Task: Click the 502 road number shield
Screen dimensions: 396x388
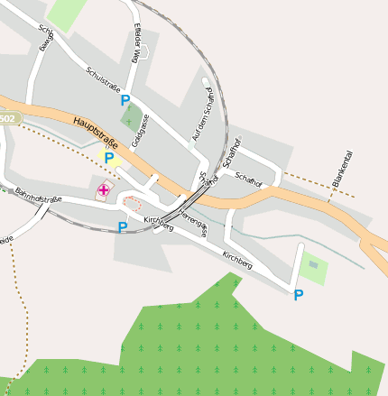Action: [x=7, y=119]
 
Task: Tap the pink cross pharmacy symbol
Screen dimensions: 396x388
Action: [x=105, y=189]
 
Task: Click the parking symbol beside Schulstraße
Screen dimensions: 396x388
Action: [x=125, y=101]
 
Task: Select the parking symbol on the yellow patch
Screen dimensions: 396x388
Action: [x=109, y=159]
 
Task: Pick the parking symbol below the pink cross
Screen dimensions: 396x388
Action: [x=123, y=226]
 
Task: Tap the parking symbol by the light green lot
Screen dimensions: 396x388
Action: [x=298, y=295]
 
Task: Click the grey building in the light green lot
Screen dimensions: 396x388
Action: [x=313, y=264]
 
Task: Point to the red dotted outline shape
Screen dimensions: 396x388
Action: [x=133, y=203]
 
